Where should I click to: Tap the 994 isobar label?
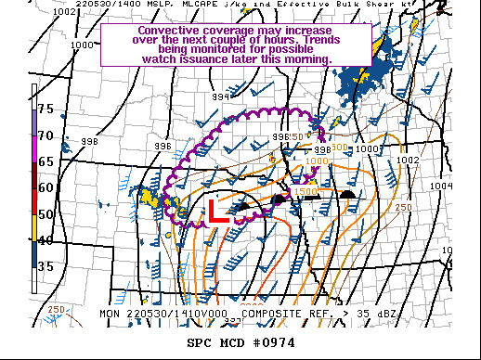(x=221, y=96)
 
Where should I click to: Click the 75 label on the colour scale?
(x=44, y=108)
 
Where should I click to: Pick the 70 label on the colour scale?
(x=44, y=135)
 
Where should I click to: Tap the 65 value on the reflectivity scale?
(x=44, y=161)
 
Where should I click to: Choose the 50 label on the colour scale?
(x=44, y=214)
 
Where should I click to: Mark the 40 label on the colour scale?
(x=44, y=240)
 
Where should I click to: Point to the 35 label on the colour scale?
(x=44, y=267)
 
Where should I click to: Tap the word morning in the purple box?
(x=308, y=58)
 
